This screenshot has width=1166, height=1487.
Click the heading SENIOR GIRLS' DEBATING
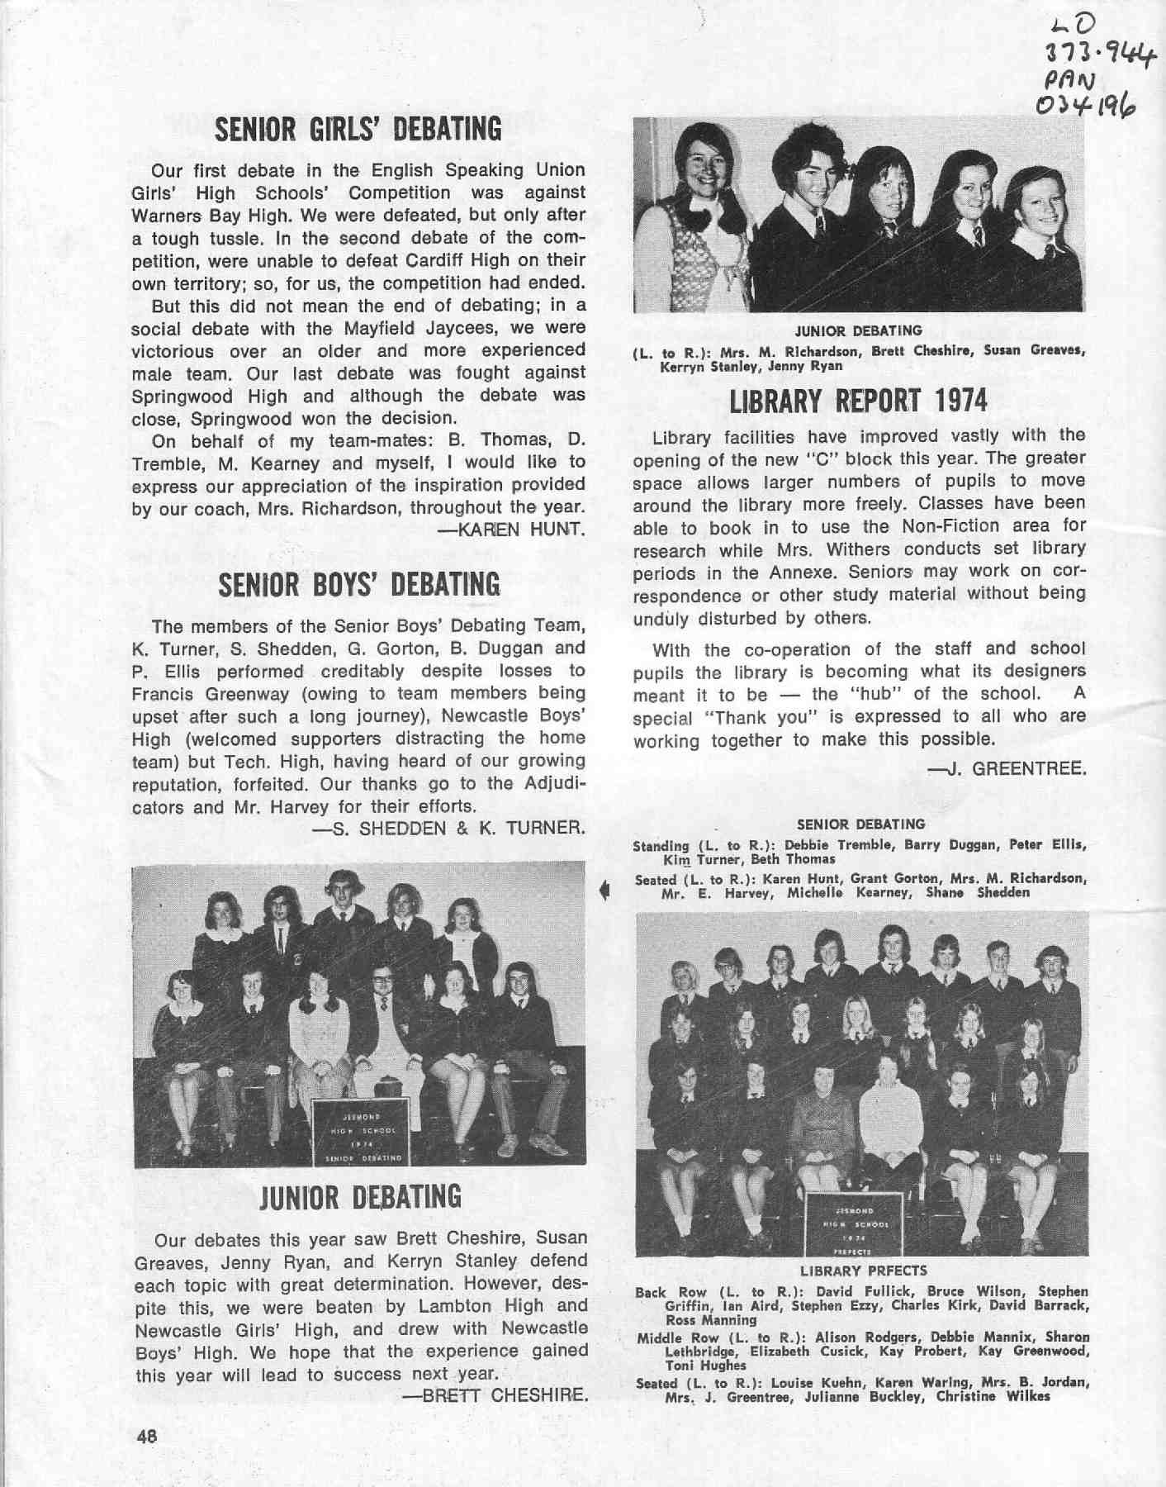point(358,130)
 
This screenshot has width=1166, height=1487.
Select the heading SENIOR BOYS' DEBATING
point(359,584)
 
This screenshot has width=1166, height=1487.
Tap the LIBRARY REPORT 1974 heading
point(858,401)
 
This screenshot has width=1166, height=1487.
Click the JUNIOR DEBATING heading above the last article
point(360,1197)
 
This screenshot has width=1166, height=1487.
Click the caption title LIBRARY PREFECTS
point(864,1271)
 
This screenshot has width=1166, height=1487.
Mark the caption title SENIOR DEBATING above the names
point(861,824)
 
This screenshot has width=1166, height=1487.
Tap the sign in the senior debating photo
point(360,1132)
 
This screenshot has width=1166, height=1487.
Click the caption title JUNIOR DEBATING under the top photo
point(859,331)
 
